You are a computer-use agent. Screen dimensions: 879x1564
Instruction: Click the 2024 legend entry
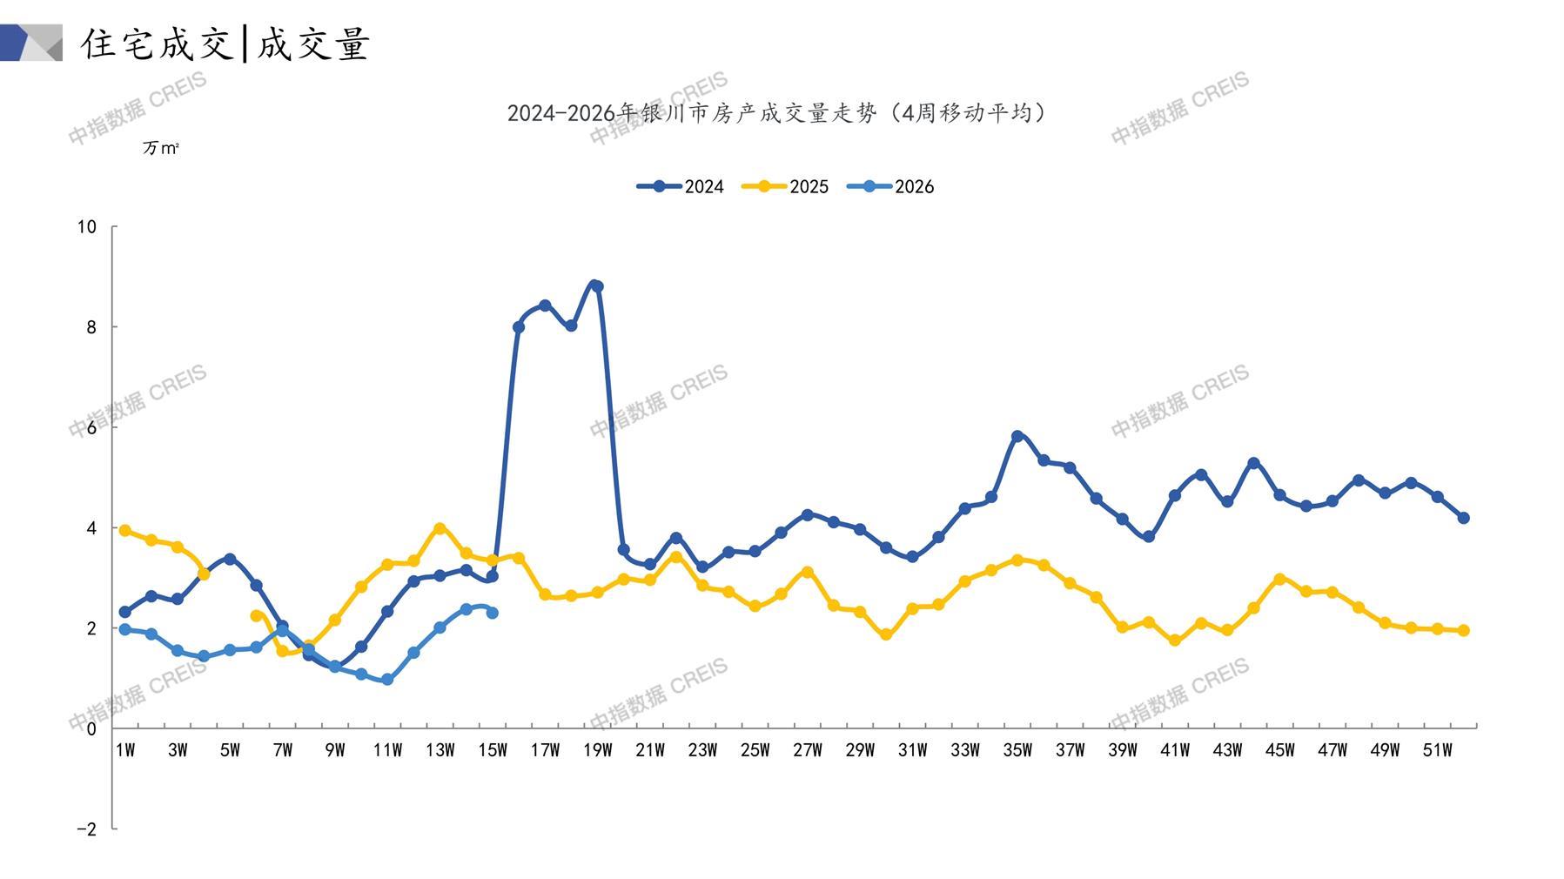tap(681, 186)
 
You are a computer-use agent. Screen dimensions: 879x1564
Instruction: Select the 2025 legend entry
tap(786, 186)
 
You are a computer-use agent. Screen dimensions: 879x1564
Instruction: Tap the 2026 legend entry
tap(891, 186)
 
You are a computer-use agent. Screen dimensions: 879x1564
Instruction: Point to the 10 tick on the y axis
tap(86, 227)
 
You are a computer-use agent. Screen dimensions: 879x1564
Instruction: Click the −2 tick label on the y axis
tap(86, 829)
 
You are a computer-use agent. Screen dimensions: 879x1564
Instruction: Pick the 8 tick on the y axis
tap(91, 327)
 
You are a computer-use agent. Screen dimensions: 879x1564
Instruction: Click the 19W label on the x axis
tap(597, 750)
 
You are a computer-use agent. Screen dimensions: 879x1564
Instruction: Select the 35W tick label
tap(1017, 750)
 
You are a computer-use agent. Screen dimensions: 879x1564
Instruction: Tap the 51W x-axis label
tap(1437, 750)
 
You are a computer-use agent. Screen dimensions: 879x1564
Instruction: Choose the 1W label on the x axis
tap(125, 750)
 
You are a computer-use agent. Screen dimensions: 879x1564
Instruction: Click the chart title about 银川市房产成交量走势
tap(777, 113)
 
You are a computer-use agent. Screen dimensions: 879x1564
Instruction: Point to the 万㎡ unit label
tap(161, 149)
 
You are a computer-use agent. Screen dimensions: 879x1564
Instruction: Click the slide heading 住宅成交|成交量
tap(226, 44)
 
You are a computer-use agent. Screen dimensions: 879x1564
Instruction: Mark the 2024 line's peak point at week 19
tap(597, 286)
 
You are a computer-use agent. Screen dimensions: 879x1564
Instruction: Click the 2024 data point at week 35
tap(1017, 436)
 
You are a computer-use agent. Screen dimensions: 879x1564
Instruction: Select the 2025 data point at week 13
tap(440, 528)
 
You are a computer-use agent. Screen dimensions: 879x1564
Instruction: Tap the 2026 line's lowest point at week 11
tap(387, 680)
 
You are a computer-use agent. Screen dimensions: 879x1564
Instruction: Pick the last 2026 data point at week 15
tap(493, 613)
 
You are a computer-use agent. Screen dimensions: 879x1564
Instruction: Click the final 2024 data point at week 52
tap(1463, 518)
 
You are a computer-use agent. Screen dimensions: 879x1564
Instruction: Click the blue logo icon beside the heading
tap(31, 43)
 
